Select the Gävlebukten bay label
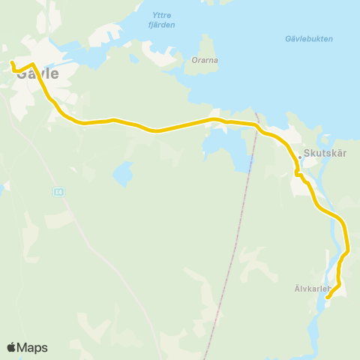pos(309,39)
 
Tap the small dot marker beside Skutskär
pos(299,157)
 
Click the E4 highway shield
pos(58,192)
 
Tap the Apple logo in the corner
pos(11,347)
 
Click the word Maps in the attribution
pos(32,347)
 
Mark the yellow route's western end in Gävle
pos(13,62)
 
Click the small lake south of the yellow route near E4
pos(122,175)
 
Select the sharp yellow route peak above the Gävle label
pos(33,64)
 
